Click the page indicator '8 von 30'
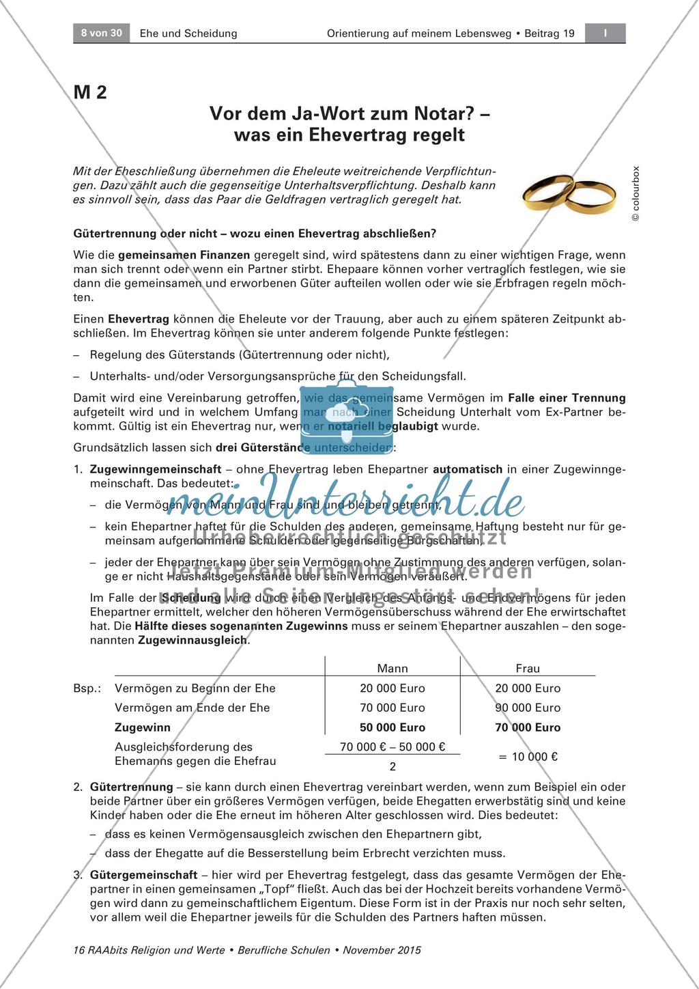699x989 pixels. click(x=101, y=33)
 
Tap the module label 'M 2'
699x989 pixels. click(x=90, y=92)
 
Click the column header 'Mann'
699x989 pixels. click(x=393, y=669)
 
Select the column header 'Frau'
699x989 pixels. click(x=528, y=669)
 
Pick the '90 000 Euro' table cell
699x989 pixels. click(x=528, y=708)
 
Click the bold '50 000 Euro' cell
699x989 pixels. click(x=393, y=727)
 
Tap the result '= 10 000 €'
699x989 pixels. click(x=528, y=756)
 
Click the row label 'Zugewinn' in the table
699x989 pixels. click(x=143, y=727)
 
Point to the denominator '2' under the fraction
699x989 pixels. click(x=393, y=766)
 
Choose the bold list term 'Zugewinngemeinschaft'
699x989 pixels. click(x=156, y=469)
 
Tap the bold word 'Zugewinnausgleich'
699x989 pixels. click(x=193, y=641)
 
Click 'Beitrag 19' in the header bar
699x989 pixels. click(x=550, y=33)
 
